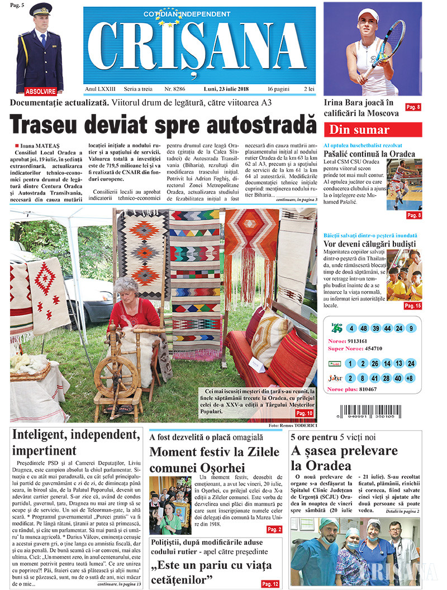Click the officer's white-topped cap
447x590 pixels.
[40, 10]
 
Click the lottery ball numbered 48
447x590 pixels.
[363, 328]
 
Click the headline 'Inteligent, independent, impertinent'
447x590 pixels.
[75, 442]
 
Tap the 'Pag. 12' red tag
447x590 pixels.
[269, 584]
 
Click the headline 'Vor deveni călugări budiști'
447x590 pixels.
[370, 244]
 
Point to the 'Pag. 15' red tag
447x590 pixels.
[413, 306]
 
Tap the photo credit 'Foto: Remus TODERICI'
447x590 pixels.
[293, 426]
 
